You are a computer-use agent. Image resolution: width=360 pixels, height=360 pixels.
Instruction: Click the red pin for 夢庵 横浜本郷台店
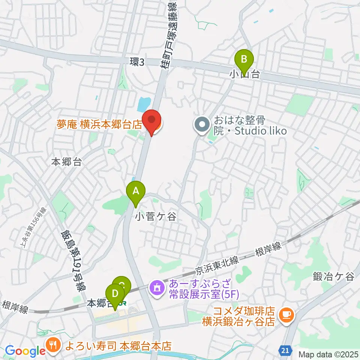[x=152, y=121]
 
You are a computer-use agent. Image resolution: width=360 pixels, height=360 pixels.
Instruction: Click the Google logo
[x=25, y=351]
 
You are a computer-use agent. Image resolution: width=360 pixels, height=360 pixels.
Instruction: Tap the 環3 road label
[x=137, y=62]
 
